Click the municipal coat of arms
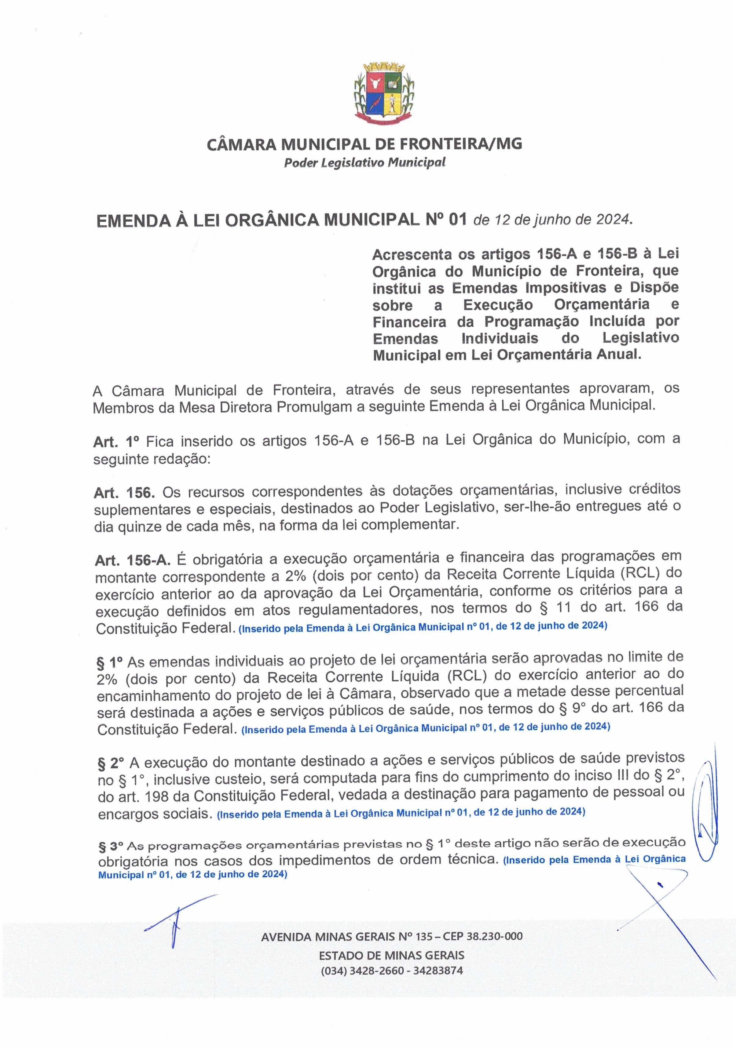pyautogui.click(x=384, y=94)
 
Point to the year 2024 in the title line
pyautogui.click(x=613, y=220)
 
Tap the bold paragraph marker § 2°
pyautogui.click(x=111, y=763)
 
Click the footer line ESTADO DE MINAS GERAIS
pyautogui.click(x=391, y=955)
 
